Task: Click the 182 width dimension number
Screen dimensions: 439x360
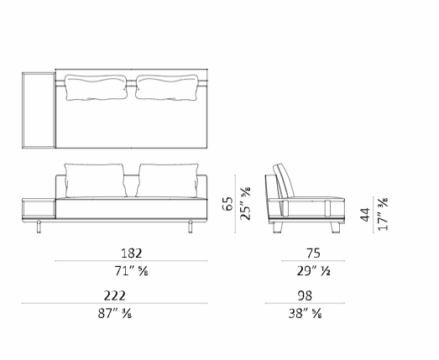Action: point(131,253)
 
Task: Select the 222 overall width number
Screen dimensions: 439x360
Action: point(115,295)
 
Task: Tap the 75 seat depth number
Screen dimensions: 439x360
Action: point(313,253)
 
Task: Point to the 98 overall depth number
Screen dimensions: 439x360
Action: point(305,295)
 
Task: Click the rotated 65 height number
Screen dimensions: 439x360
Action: point(227,204)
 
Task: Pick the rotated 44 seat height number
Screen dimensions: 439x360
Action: point(365,215)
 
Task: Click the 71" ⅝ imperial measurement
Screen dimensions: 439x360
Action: point(131,271)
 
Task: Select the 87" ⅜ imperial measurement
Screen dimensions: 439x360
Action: point(115,314)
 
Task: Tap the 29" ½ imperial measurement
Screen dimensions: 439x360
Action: point(314,271)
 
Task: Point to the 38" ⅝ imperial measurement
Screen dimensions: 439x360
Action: point(306,314)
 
